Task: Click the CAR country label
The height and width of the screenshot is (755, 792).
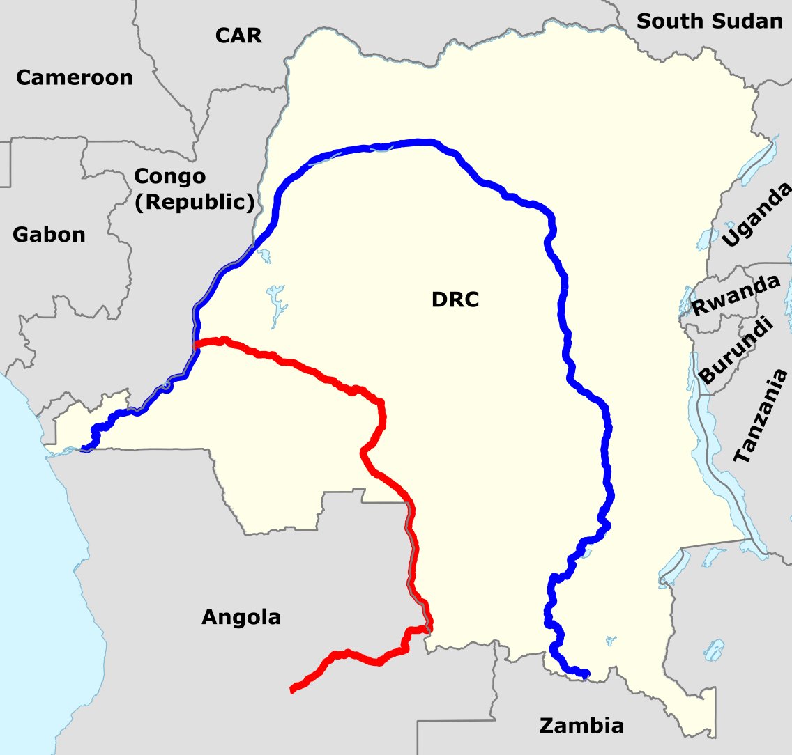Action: (238, 35)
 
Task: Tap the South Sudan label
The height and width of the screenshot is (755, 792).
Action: (710, 21)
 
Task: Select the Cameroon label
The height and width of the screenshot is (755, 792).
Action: (75, 77)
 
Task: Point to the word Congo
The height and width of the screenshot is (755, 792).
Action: (170, 176)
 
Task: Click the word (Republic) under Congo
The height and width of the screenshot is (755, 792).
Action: (194, 202)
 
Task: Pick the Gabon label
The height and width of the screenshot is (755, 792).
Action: (49, 235)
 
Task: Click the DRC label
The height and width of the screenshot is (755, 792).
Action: (455, 300)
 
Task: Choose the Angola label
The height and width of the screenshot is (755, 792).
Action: (241, 616)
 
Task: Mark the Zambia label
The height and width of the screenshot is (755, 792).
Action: (581, 726)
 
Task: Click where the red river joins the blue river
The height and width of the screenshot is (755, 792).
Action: (197, 344)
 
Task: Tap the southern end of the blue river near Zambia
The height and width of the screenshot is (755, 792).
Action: (586, 674)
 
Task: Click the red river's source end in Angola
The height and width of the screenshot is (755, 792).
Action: (293, 690)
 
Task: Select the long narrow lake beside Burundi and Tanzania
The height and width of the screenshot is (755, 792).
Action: (697, 418)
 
